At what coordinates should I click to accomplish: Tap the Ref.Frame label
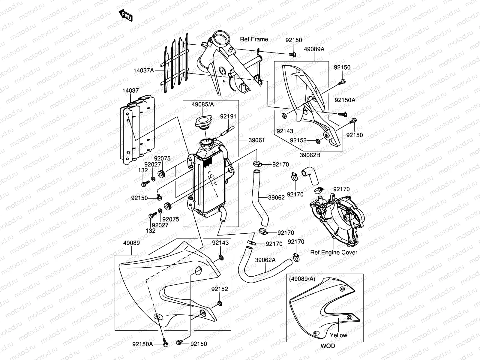254,39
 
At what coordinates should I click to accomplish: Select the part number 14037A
144,70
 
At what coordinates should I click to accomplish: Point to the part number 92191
228,116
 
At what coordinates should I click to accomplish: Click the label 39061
256,140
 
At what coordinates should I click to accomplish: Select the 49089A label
314,49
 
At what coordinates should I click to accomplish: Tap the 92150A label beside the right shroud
345,100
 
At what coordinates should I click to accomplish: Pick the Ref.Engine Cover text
334,252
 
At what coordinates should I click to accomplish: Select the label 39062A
265,260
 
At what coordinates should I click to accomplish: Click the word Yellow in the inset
338,335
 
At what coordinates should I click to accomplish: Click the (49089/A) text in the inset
302,279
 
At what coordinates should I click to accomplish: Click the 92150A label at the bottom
143,344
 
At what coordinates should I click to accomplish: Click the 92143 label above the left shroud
220,243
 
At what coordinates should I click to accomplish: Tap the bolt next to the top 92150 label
293,55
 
